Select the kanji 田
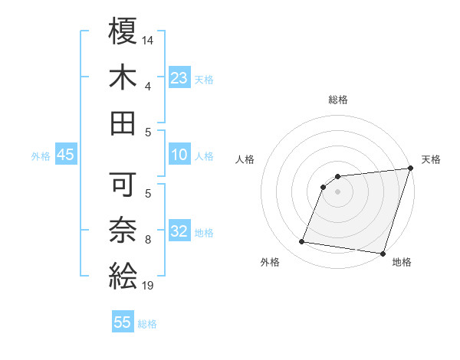[123, 122]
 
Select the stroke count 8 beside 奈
[148, 240]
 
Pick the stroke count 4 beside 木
[148, 86]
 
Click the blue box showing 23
[179, 78]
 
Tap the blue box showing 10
[179, 155]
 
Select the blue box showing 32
[179, 231]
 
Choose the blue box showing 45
[65, 155]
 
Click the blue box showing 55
[123, 322]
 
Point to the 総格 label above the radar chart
[337, 100]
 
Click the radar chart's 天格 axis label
[431, 159]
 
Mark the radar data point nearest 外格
[302, 242]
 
